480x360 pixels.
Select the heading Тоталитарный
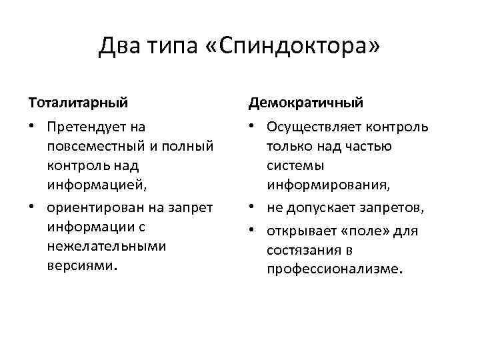pos(79,103)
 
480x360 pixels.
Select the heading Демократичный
pos(306,103)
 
